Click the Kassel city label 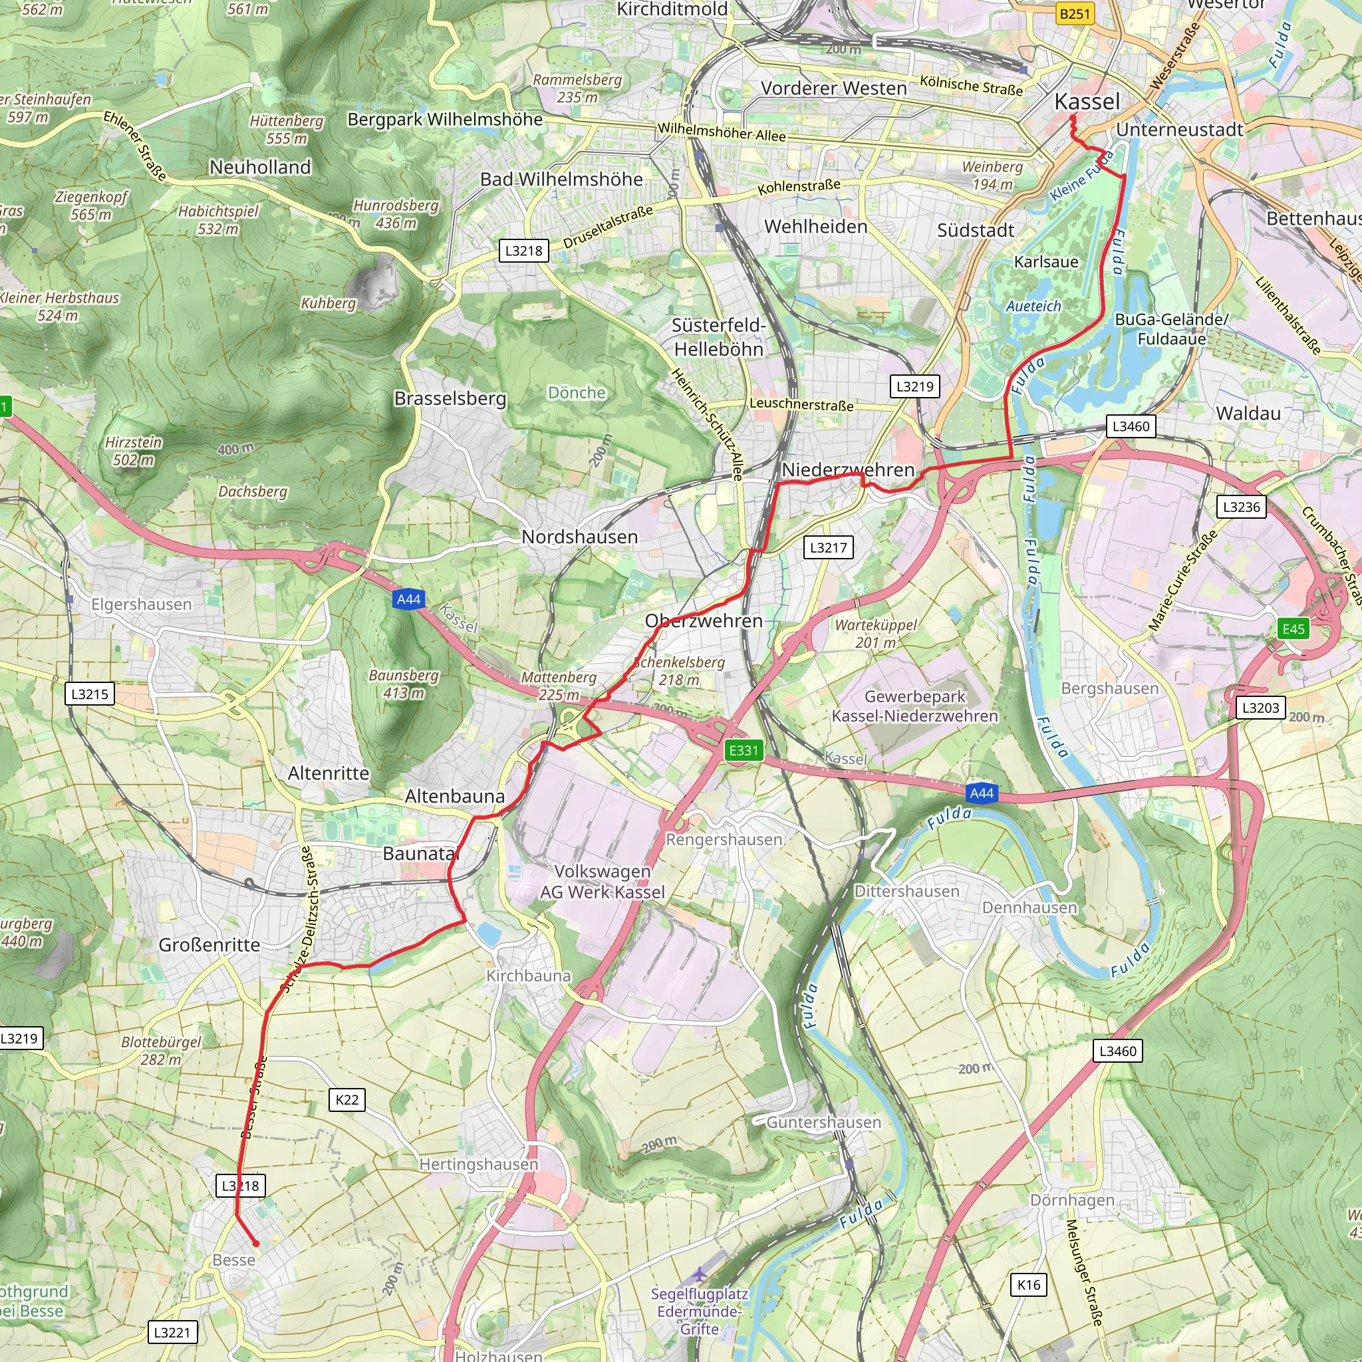click(1087, 102)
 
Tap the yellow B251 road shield click(1075, 13)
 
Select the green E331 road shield click(743, 750)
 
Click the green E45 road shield click(1293, 629)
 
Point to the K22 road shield click(347, 1099)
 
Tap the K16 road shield click(1029, 1284)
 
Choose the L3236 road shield click(1241, 506)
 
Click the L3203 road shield click(1260, 707)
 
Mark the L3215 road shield click(90, 694)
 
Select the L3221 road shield click(172, 1332)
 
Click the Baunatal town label click(421, 853)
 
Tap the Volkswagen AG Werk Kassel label click(602, 881)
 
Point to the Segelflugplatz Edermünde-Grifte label click(700, 1311)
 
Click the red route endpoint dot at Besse click(256, 1244)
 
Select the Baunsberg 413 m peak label click(403, 684)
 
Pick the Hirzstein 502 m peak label click(133, 451)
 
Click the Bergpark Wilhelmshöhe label click(445, 119)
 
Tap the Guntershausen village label click(823, 1123)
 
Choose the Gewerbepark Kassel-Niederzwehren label click(914, 706)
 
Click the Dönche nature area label click(577, 392)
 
